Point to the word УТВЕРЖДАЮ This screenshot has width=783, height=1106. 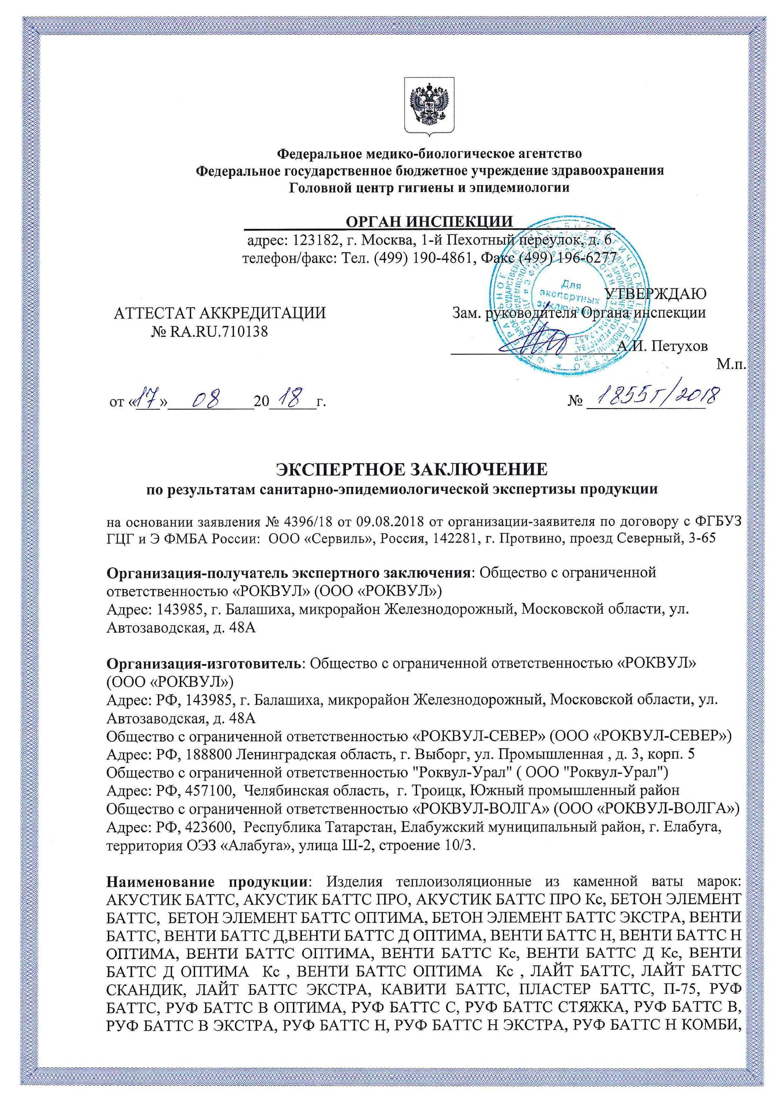point(656,294)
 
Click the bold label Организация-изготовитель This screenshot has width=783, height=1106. point(203,664)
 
